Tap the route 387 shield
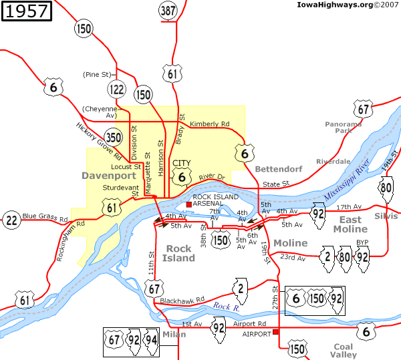(168, 10)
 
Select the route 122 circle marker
(117, 89)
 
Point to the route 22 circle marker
(11, 220)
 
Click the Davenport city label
(108, 176)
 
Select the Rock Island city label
(178, 254)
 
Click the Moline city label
(291, 243)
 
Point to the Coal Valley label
(344, 351)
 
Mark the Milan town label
(174, 334)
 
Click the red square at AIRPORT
(275, 331)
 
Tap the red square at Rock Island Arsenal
(188, 204)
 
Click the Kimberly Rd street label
(209, 124)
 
